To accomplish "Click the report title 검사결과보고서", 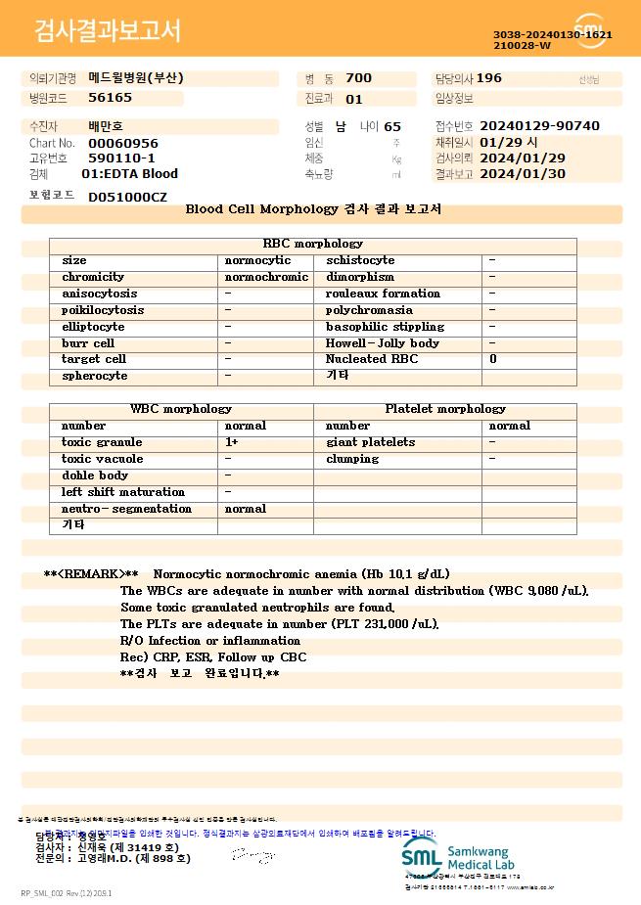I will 108,31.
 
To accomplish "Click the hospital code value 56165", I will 110,98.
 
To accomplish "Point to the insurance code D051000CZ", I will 127,198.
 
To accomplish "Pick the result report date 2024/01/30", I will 524,174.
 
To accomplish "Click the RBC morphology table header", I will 313,244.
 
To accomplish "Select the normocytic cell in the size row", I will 257,260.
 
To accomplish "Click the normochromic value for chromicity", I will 266,277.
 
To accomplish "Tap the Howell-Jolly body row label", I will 382,343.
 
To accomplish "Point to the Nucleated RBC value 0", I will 492,359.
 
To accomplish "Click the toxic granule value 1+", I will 232,442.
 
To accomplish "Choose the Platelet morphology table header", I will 445,409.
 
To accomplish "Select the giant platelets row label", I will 370,442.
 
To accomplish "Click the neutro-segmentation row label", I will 126,509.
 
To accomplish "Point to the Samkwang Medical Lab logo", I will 468,858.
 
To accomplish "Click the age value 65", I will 392,126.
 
